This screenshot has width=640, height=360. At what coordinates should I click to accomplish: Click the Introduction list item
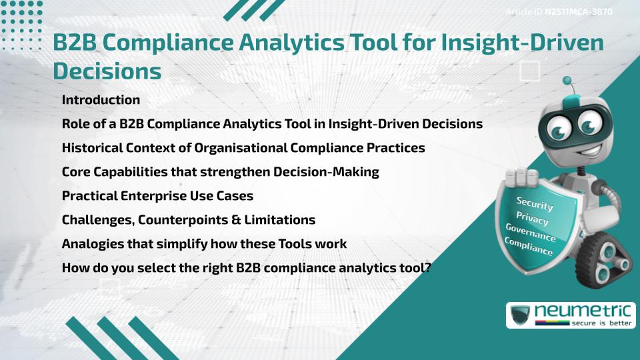click(101, 100)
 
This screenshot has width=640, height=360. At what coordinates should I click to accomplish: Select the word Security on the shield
click(535, 204)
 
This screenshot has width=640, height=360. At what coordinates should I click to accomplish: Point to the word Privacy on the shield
click(532, 219)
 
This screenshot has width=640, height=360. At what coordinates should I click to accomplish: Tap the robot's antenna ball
click(567, 81)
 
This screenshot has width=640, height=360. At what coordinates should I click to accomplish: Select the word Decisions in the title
click(107, 70)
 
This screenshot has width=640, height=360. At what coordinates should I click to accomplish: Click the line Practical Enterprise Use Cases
click(157, 196)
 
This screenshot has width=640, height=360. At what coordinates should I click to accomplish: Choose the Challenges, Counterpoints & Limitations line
click(189, 220)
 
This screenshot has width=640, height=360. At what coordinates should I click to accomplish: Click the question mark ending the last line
click(429, 268)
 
